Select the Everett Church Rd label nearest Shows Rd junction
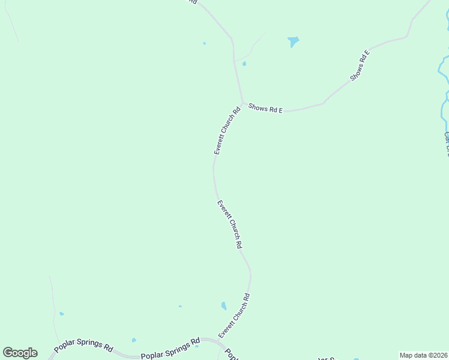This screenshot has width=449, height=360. tap(228, 130)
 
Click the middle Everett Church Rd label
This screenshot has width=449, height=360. tap(229, 224)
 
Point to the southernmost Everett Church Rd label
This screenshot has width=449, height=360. tap(234, 315)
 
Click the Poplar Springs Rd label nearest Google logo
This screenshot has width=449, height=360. tap(83, 347)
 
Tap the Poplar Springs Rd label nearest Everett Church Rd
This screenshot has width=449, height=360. tap(170, 349)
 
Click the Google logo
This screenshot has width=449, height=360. tap(20, 353)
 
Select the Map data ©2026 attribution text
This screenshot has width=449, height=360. tap(423, 355)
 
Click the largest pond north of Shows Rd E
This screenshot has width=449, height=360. tap(293, 41)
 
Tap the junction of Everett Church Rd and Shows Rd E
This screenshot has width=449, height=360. tap(243, 103)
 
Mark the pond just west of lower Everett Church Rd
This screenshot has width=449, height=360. tap(224, 306)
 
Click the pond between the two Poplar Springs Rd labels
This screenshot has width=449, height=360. tap(134, 340)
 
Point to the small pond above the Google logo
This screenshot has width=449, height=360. tap(61, 314)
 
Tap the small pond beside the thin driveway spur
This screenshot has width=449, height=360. tap(244, 64)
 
